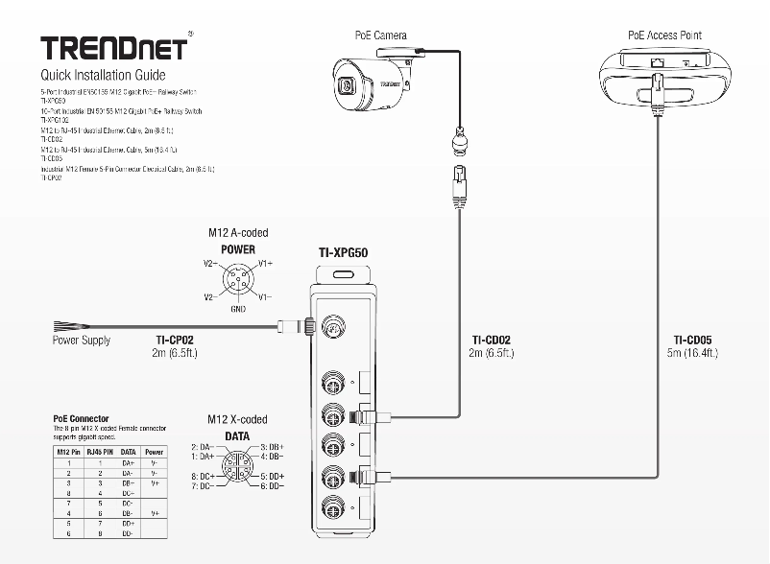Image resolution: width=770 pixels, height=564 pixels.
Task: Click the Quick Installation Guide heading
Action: click(102, 75)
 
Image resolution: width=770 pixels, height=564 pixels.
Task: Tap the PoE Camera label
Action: click(381, 35)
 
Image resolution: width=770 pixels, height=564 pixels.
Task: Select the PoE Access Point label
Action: click(664, 35)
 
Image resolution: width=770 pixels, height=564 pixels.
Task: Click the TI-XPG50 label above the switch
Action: click(344, 253)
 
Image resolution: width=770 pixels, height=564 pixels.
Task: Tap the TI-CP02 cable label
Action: click(175, 340)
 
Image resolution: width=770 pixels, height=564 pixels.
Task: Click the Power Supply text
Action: click(81, 341)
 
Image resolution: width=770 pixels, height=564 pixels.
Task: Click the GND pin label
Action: click(238, 310)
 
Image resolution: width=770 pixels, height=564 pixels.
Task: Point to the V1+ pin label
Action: click(267, 262)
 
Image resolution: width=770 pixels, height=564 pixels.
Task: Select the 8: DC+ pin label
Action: click(202, 476)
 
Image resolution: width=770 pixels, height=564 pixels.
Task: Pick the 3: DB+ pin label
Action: click(272, 447)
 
